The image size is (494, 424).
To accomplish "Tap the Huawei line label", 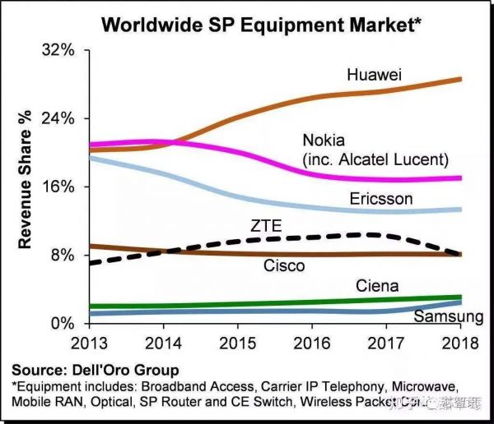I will tap(374, 75).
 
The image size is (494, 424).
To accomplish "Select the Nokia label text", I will tap(324, 139).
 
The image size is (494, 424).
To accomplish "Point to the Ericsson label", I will tap(380, 199).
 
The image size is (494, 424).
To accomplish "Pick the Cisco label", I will tap(284, 265).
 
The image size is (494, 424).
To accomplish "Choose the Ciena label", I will tap(377, 286).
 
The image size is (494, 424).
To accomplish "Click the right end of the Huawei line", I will tap(459, 79).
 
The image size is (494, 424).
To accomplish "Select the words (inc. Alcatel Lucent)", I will tap(375, 158).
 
